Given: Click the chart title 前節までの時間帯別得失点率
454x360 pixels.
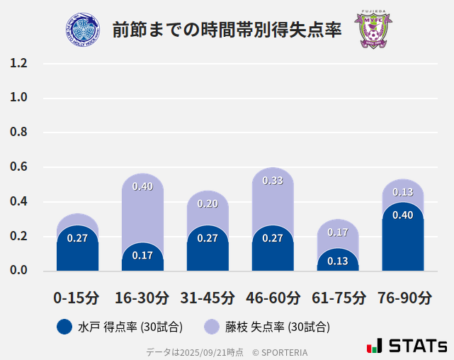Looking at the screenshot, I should point(227,30).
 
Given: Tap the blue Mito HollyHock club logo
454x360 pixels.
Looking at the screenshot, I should point(83,30).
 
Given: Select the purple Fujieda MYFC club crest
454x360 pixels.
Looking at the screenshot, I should point(373,30).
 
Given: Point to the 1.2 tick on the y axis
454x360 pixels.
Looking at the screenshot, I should point(18,64).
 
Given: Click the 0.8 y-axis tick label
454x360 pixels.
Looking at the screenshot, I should point(18,133).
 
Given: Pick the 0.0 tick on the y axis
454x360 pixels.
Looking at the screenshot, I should point(18,271).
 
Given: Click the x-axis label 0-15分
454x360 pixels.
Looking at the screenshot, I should point(77,298).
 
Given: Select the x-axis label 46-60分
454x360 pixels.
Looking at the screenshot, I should point(273,298).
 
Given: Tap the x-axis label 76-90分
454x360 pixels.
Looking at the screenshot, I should point(403,298).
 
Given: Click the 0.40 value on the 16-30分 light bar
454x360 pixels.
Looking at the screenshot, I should point(142,187).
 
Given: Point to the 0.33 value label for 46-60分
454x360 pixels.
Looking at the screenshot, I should point(273,181).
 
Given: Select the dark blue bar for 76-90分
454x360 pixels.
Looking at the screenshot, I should point(403,241).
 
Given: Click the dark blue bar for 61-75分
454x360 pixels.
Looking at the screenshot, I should point(338,261).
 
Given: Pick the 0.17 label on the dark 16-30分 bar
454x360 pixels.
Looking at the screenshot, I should point(142,255).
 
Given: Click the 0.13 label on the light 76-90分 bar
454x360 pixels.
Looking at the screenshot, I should point(403,192).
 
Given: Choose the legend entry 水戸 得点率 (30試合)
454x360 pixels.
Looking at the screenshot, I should point(120,327).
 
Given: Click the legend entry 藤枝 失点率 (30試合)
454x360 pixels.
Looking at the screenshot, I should point(267,327).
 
